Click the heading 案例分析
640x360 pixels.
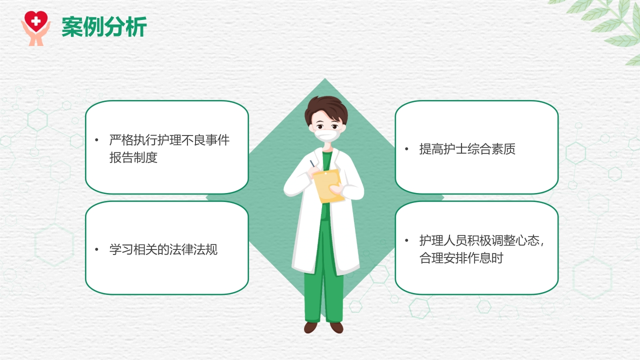coord(104,27)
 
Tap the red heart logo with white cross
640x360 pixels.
coord(35,21)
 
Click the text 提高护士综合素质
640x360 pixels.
coord(467,149)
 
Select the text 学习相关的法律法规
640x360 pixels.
coord(163,249)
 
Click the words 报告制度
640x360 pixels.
coord(133,157)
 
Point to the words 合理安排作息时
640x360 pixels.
coord(461,258)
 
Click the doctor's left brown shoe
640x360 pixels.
coord(310,327)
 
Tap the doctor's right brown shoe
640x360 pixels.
coord(337,327)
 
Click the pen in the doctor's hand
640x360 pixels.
coord(312,164)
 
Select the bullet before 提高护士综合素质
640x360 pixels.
coord(407,149)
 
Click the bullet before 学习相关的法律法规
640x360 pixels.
coord(97,249)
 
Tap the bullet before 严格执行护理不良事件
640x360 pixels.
coord(97,140)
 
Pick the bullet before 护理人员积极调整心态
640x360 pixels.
coord(407,240)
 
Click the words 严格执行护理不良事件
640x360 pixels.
coord(169,140)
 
